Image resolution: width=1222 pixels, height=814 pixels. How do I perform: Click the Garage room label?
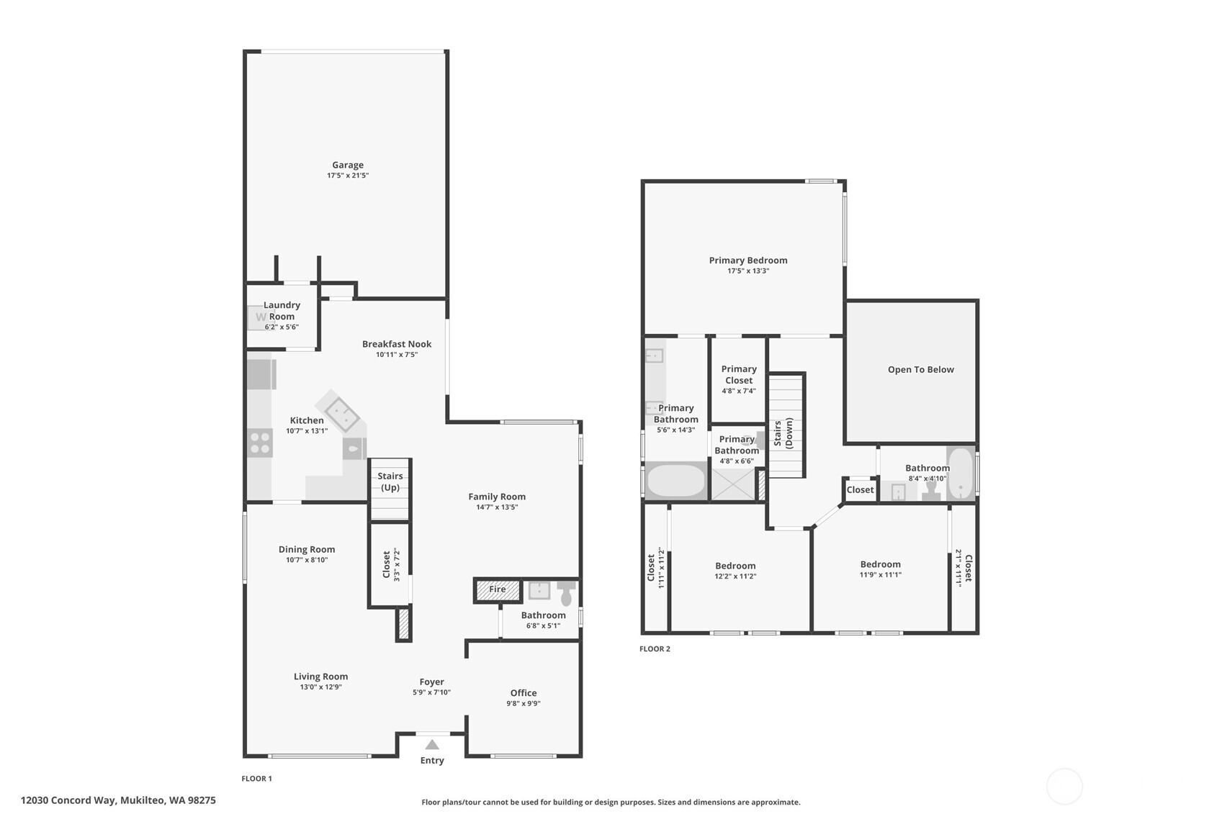point(348,165)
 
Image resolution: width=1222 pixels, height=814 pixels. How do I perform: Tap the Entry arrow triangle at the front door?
point(432,744)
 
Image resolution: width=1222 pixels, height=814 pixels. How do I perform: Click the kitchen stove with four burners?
point(260,443)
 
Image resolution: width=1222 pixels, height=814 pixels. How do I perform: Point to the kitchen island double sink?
point(341,413)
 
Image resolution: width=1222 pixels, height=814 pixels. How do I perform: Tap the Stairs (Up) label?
point(390,481)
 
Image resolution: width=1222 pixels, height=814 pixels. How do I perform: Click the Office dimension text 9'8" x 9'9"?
point(524,703)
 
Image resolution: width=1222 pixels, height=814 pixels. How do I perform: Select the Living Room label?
point(320,676)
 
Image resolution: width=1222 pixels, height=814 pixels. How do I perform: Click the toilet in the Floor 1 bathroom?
point(566,592)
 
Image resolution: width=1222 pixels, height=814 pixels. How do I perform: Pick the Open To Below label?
point(921,369)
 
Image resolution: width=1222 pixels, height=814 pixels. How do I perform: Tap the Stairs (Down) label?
point(783,433)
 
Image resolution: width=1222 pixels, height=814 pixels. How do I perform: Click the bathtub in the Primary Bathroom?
point(676,480)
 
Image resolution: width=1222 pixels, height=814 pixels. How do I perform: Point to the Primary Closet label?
point(739,374)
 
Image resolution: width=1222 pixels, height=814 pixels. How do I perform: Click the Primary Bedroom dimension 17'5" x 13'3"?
point(748,271)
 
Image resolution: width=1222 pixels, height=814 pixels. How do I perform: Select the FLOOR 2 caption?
point(655,648)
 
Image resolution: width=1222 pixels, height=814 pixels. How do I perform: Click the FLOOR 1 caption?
point(256,779)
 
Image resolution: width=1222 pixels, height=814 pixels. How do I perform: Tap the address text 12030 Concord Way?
point(68,800)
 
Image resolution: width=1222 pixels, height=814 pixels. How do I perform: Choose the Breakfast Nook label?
point(397,344)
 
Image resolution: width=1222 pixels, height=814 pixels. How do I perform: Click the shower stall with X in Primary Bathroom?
point(733,484)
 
